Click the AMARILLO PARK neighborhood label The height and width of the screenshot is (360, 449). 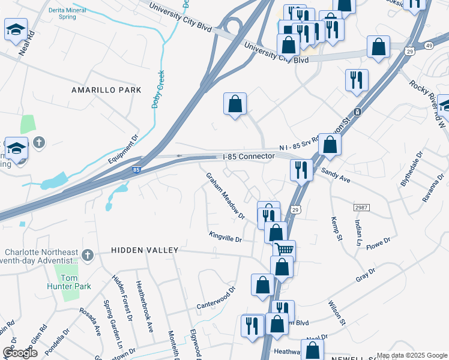click(x=106, y=90)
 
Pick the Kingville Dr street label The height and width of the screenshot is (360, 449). click(x=225, y=239)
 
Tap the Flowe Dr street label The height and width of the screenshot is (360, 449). click(x=378, y=243)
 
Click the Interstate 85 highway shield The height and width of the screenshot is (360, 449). click(x=137, y=171)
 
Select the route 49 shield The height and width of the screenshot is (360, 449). click(x=428, y=45)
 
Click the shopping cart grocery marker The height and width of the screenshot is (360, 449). click(x=285, y=249)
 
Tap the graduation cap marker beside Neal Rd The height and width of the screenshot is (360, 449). click(x=15, y=29)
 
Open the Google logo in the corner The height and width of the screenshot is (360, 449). click(x=20, y=353)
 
